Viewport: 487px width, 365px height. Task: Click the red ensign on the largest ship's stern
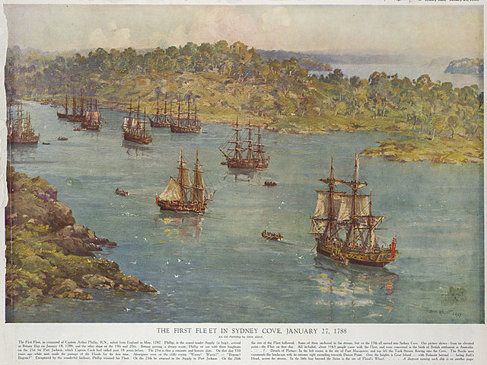click(392, 245)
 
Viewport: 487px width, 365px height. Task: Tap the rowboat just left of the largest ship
click(271, 235)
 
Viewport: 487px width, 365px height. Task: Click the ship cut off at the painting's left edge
click(21, 128)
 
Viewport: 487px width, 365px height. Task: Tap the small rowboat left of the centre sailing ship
click(122, 193)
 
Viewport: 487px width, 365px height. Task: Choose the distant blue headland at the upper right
click(464, 67)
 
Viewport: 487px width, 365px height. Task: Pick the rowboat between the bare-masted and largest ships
click(270, 184)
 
